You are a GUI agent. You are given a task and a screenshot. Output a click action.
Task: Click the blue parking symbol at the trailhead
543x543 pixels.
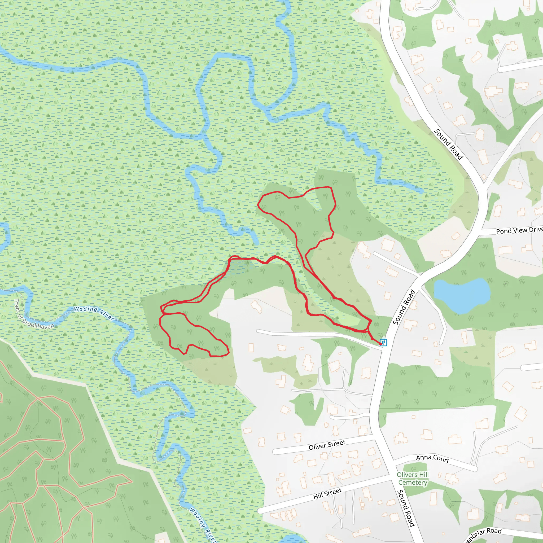(384, 342)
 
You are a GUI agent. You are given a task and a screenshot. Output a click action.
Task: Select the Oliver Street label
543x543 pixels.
(327, 445)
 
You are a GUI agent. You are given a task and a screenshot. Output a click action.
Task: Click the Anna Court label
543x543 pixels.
(432, 458)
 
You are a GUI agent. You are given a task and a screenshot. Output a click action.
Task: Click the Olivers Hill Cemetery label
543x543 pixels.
(413, 478)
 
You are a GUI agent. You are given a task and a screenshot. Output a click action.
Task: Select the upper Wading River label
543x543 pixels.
(94, 313)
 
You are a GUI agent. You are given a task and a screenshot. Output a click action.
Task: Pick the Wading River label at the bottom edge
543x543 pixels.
(203, 525)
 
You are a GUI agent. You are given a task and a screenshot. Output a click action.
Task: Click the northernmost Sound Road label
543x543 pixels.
(449, 144)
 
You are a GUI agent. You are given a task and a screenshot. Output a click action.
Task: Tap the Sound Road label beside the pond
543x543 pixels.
(404, 307)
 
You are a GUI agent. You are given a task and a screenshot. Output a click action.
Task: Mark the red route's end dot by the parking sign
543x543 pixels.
(381, 343)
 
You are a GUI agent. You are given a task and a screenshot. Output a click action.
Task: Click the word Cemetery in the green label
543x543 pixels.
(413, 482)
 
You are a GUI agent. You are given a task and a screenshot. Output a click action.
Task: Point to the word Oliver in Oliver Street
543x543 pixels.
(317, 446)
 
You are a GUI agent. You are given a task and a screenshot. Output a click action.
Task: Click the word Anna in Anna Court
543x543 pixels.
(423, 457)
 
